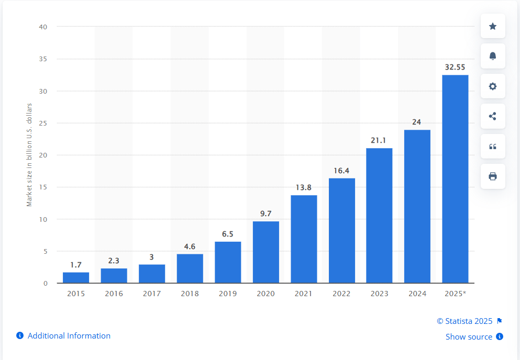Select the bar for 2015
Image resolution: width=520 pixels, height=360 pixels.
tap(76, 277)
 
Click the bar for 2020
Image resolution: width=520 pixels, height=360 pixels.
tap(266, 252)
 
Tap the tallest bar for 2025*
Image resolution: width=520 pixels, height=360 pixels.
tap(456, 179)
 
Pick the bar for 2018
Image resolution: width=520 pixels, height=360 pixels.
tap(190, 268)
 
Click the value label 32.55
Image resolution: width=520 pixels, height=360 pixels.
tap(455, 67)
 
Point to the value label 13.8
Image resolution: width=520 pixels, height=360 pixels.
tap(303, 188)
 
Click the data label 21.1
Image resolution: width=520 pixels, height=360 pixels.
tap(379, 141)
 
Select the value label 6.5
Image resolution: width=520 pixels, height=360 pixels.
tap(227, 234)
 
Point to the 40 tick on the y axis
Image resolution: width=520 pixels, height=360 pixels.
tap(43, 27)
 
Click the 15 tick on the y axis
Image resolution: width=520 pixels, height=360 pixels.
tap(43, 187)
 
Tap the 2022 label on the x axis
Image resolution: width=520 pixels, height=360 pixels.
tap(341, 294)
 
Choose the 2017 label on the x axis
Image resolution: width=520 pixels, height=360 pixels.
tap(152, 294)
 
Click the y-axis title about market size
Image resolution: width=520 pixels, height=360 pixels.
tap(29, 155)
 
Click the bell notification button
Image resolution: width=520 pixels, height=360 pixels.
tap(493, 56)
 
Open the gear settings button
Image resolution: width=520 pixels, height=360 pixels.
tap(493, 86)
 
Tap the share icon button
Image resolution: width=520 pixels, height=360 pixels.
tap(493, 116)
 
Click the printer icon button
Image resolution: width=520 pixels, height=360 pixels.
tap(493, 176)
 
